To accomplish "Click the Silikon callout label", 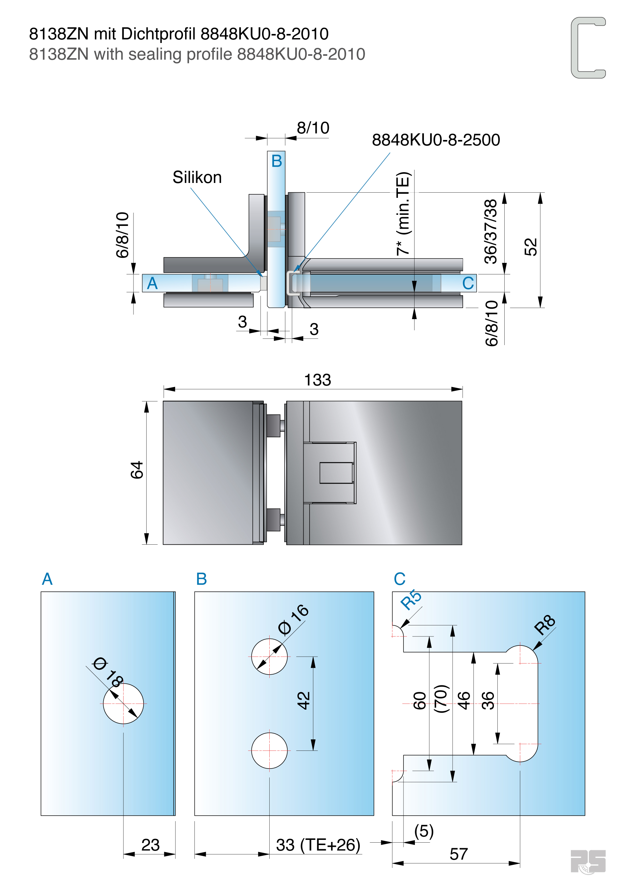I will point(197,177).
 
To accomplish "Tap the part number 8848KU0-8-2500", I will point(436,140).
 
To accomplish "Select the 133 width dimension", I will point(317,380).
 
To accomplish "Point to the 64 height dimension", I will point(137,470).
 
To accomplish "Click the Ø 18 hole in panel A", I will point(123,703).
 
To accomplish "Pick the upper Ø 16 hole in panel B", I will point(269,656).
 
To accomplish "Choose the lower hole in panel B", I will point(269,750).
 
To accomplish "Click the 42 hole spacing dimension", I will point(304,700).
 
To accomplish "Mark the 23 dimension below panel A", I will point(150,844).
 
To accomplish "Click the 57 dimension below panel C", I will point(459,854).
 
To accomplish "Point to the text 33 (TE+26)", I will point(318,844).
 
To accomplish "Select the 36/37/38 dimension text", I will point(491,231).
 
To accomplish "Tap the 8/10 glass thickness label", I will point(313,128).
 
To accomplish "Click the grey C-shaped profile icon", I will point(587,47).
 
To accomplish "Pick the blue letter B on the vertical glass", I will point(276,161).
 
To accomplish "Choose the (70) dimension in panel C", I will point(441,699).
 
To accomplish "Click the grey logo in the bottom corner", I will point(587,861).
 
